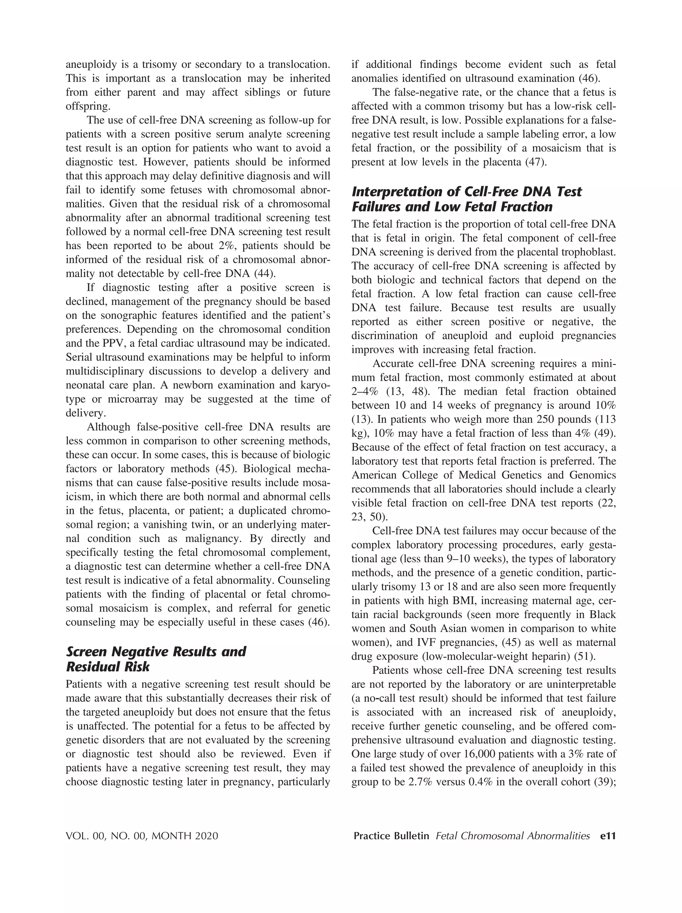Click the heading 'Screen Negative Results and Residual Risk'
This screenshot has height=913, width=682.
tap(156, 659)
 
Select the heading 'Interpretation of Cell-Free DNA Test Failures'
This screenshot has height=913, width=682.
tap(466, 199)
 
